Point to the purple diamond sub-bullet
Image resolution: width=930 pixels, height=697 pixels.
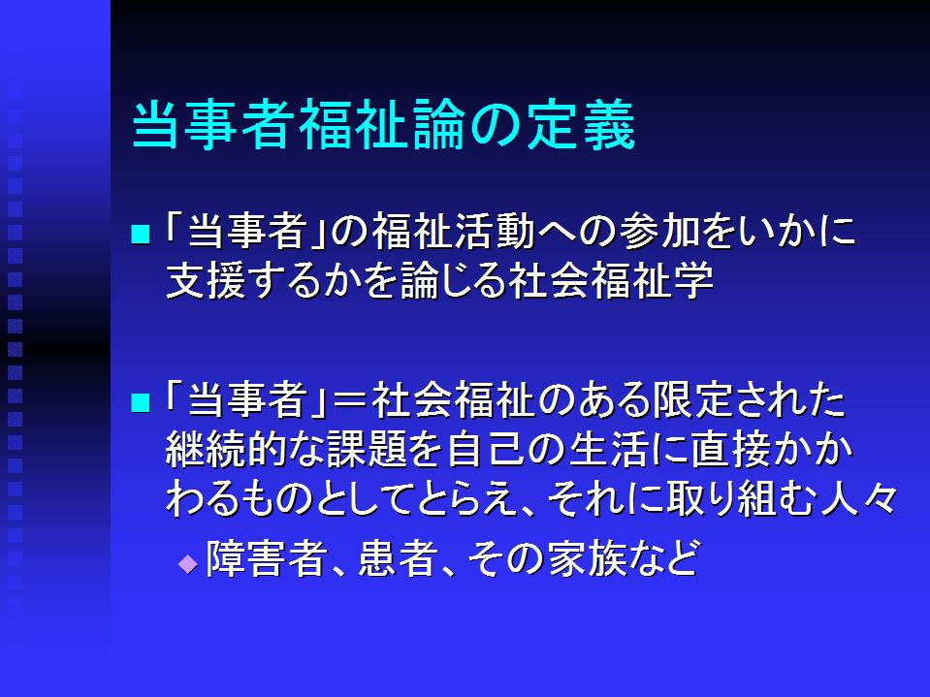click(188, 562)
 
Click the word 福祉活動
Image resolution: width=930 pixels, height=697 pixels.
click(454, 231)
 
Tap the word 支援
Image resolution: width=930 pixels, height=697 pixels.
click(206, 280)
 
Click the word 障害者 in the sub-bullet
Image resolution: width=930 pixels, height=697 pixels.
click(267, 557)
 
